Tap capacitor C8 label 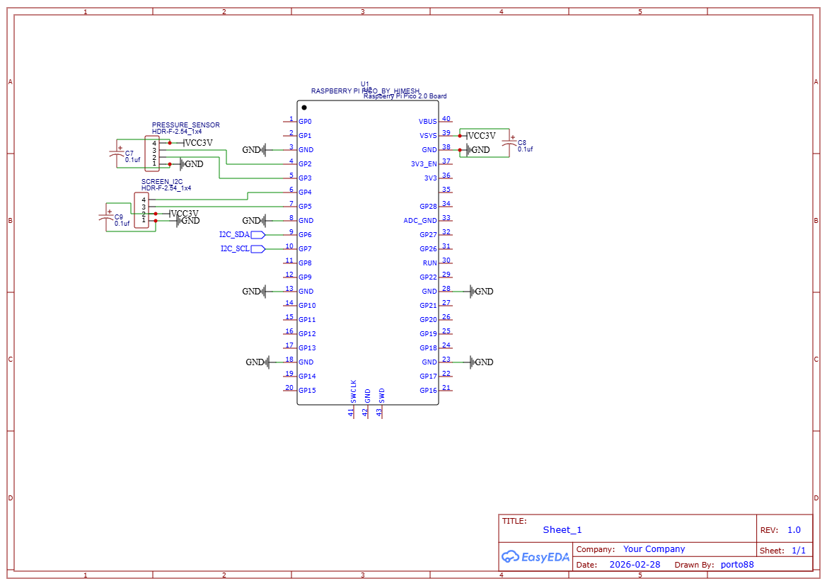point(522,142)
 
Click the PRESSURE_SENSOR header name point(185,125)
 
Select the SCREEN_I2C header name point(162,181)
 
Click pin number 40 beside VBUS point(446,119)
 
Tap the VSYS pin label point(428,136)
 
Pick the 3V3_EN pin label point(424,164)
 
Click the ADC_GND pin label point(420,221)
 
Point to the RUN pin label point(429,263)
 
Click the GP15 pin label point(307,391)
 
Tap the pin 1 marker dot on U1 point(304,108)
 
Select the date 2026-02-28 point(635,565)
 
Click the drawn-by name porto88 point(737,565)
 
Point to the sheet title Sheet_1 point(562,530)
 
